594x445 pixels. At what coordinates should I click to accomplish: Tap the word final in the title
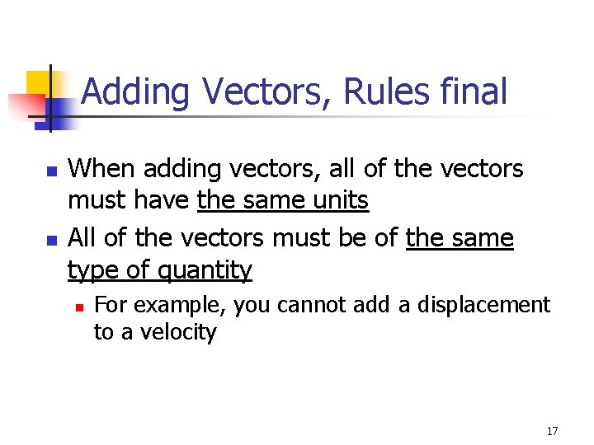tap(474, 91)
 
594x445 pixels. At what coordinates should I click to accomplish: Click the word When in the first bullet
tap(102, 169)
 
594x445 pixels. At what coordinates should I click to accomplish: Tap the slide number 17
tap(552, 431)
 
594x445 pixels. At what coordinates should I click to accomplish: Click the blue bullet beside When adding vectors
tap(52, 173)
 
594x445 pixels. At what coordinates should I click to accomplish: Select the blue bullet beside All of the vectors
tap(52, 241)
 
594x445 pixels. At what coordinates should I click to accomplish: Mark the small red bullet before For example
tap(78, 307)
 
